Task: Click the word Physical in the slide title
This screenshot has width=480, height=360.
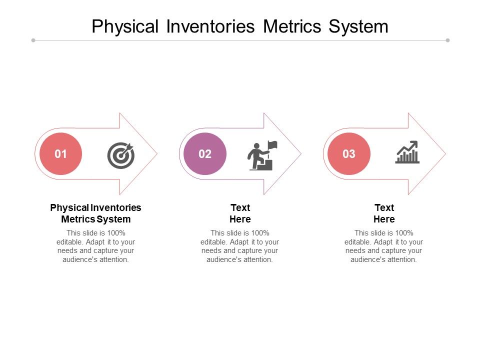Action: click(x=125, y=26)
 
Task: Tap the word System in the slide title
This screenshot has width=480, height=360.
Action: click(x=358, y=26)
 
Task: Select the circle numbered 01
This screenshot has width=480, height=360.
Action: click(x=60, y=153)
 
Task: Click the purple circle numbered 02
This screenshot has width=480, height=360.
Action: click(x=205, y=153)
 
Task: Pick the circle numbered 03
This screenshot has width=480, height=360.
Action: click(x=349, y=153)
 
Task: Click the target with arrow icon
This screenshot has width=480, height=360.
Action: click(x=121, y=155)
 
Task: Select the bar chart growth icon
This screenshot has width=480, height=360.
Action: click(x=407, y=152)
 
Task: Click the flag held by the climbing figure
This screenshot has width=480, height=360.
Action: click(x=272, y=145)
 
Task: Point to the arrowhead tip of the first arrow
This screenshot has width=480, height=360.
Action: click(x=157, y=153)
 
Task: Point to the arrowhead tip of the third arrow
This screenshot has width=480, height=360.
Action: click(x=445, y=153)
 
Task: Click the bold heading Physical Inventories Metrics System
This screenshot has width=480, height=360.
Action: click(x=96, y=213)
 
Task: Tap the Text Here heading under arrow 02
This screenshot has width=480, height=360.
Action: click(x=240, y=213)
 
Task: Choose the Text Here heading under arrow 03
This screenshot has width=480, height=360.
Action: click(x=384, y=213)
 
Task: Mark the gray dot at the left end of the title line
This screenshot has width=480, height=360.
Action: click(x=33, y=40)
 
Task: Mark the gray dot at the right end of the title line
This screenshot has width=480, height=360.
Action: click(x=447, y=40)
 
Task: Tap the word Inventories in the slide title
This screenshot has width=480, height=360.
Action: click(x=210, y=26)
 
